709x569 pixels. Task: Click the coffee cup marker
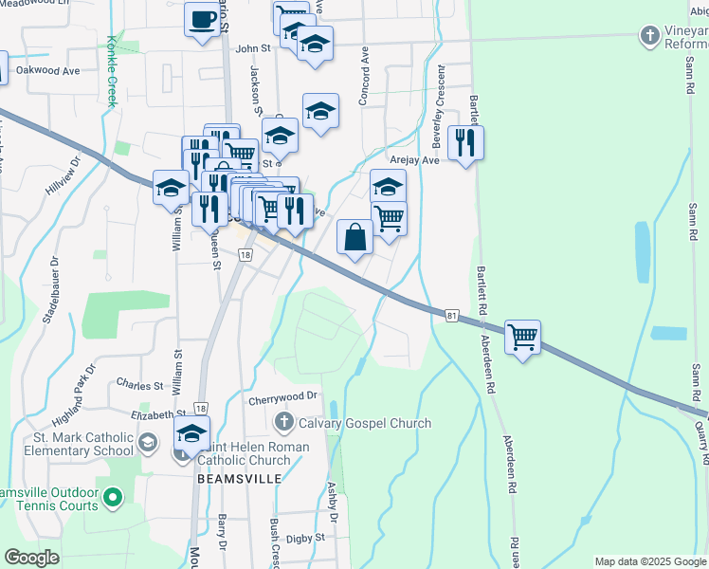coord(201,20)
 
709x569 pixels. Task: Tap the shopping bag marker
coord(354,237)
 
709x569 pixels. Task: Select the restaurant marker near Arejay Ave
coord(465,143)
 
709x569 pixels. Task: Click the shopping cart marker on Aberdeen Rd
coord(522,337)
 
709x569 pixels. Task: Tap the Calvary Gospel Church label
coord(365,423)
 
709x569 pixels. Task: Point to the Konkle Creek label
coord(111,71)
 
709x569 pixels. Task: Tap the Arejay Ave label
coord(417,160)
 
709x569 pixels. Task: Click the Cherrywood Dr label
coord(282,399)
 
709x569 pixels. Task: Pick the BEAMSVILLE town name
coord(240,479)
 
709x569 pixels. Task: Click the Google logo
coord(31,558)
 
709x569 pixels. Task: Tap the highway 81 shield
coord(450,313)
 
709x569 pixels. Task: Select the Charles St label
coord(139,385)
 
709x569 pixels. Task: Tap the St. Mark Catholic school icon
coord(148,443)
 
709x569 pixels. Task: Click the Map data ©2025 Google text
coord(650,561)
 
